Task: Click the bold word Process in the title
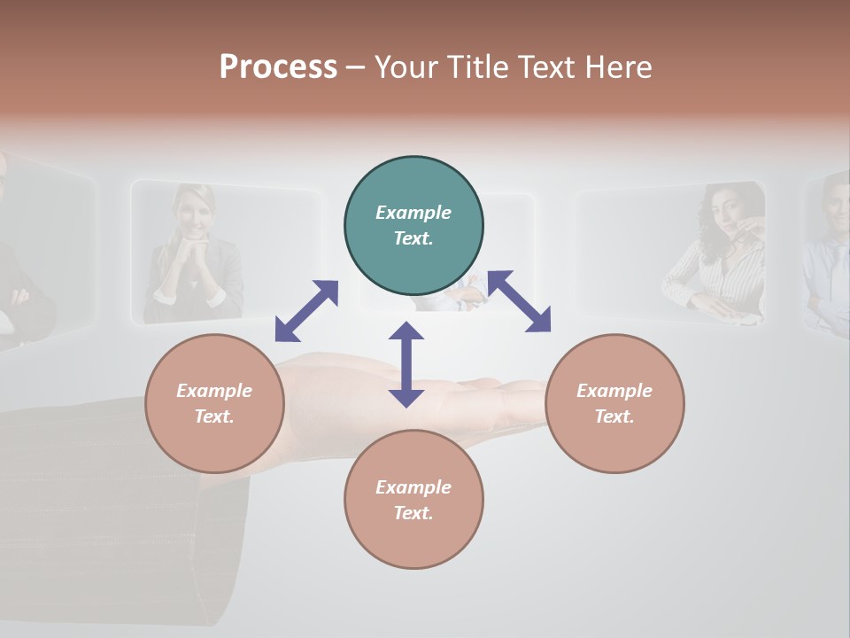click(x=278, y=66)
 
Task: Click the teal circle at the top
click(x=413, y=225)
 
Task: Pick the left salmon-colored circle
click(x=214, y=403)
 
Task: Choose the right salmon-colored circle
click(x=614, y=403)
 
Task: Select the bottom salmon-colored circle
click(x=413, y=500)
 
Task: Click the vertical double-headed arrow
click(x=406, y=364)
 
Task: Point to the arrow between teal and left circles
click(x=307, y=310)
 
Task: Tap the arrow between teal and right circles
click(x=520, y=301)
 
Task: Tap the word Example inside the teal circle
click(x=413, y=213)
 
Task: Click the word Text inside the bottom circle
click(x=413, y=513)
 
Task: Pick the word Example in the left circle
click(x=214, y=391)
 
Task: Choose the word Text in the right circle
click(x=614, y=416)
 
